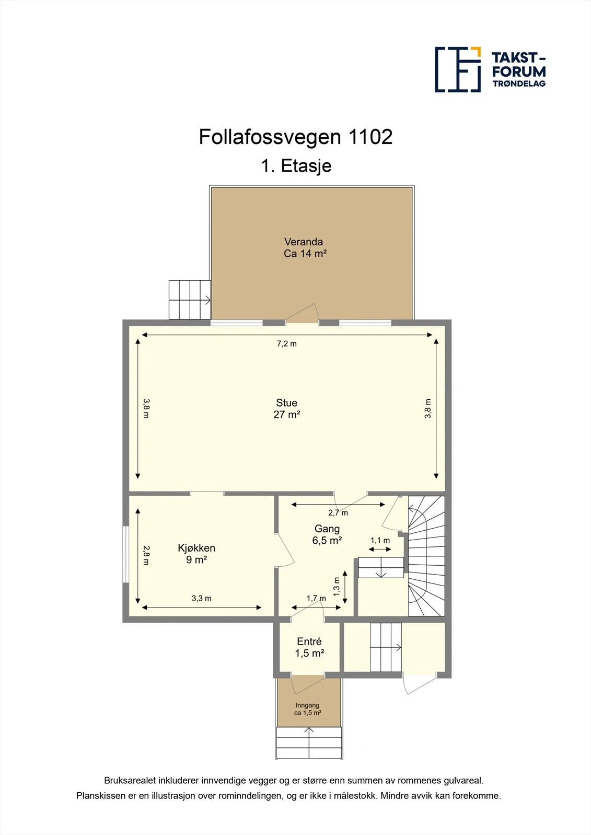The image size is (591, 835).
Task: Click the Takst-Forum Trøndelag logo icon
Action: point(458,69)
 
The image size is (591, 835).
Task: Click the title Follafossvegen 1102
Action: point(295,137)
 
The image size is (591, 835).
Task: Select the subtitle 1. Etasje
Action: point(296,165)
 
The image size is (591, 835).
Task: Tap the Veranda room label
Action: point(305,247)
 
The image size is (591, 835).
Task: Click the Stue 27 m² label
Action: point(287,409)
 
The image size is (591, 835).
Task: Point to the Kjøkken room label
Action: point(196,554)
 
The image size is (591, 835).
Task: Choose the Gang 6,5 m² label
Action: point(327,534)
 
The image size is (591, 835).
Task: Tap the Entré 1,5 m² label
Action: point(309,647)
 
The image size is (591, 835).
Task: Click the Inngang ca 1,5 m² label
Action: point(308,709)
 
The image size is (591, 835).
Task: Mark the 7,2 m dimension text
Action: point(287,344)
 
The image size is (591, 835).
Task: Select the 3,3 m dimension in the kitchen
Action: point(202,598)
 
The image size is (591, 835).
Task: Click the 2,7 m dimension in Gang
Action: point(338,513)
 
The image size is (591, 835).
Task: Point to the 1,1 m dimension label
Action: point(380,540)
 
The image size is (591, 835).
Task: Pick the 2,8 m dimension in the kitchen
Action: point(146,555)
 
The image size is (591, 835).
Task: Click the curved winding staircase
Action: point(426,556)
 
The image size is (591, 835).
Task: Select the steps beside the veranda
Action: point(190,300)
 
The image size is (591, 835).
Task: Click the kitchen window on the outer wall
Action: point(126,554)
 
